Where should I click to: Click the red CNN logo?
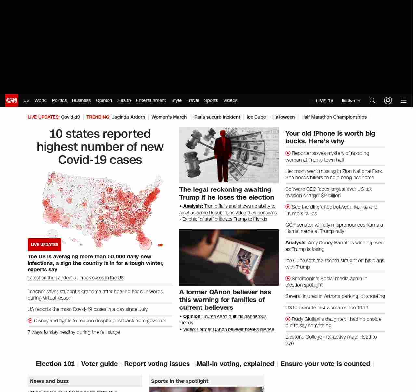[12, 100]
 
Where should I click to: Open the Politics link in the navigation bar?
[59, 100]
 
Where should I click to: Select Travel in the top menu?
[193, 100]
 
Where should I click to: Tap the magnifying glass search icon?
[372, 100]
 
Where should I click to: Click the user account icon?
[388, 100]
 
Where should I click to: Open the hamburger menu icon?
[404, 100]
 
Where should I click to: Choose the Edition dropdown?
[351, 101]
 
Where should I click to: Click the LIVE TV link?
[324, 101]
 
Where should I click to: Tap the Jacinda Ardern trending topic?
[128, 117]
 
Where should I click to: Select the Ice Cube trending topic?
[256, 117]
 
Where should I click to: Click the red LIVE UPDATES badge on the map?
[45, 245]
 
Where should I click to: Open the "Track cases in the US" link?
[102, 278]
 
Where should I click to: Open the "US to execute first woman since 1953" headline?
[327, 308]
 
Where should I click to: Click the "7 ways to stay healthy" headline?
[74, 332]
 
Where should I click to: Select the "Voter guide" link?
[99, 364]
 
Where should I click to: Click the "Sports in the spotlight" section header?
[180, 381]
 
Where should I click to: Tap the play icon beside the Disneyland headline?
[30, 321]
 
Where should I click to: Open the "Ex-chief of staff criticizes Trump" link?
[225, 219]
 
